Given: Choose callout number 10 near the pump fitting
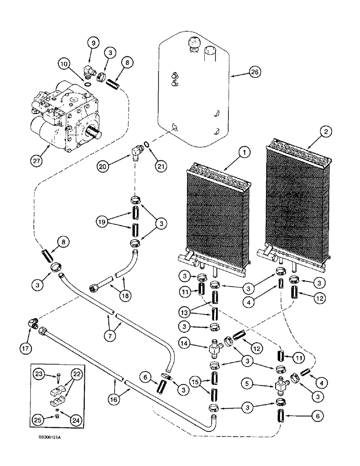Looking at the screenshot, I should click(x=65, y=62).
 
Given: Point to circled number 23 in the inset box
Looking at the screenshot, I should click(x=39, y=373).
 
